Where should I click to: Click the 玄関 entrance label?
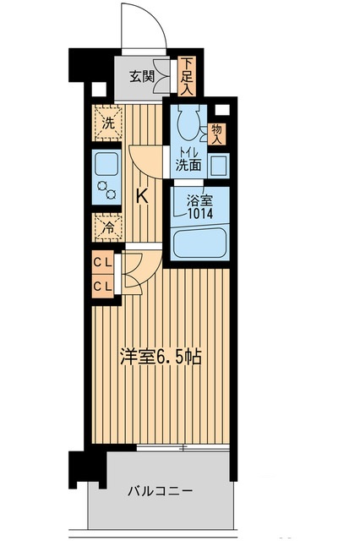click(x=141, y=76)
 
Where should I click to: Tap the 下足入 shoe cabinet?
click(x=188, y=76)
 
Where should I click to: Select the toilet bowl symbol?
click(x=188, y=122)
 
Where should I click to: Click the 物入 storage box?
click(x=216, y=134)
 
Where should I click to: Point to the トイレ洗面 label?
click(x=188, y=160)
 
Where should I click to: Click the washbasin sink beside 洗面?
click(x=218, y=166)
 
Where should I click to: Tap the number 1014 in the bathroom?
click(x=200, y=214)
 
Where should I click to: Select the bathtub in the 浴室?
click(x=199, y=244)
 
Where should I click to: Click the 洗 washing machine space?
click(x=107, y=123)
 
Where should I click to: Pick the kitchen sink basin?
click(x=107, y=164)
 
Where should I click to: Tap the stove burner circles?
click(x=106, y=189)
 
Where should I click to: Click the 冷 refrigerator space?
click(x=108, y=227)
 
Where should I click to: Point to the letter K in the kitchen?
click(x=142, y=197)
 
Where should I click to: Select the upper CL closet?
click(x=103, y=263)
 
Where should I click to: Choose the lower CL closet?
click(x=103, y=286)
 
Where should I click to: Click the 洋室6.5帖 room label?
click(x=161, y=357)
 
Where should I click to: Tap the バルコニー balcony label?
click(x=160, y=490)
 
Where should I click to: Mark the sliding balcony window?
click(x=183, y=448)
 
